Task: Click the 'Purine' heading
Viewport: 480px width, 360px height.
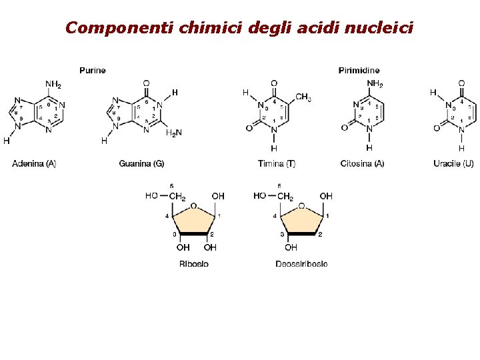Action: pyautogui.click(x=92, y=70)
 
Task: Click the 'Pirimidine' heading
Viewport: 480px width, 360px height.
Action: pyautogui.click(x=359, y=70)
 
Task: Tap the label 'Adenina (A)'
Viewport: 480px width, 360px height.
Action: pyautogui.click(x=34, y=163)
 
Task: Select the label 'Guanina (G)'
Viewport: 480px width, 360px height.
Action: pyautogui.click(x=141, y=163)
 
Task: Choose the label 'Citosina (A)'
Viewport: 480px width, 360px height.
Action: pyautogui.click(x=362, y=163)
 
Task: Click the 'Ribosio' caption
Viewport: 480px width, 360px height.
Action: pyautogui.click(x=193, y=264)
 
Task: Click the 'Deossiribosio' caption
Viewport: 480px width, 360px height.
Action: pyautogui.click(x=301, y=264)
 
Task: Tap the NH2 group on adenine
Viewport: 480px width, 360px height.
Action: pyautogui.click(x=53, y=85)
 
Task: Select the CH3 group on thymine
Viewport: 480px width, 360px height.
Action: pyautogui.click(x=303, y=98)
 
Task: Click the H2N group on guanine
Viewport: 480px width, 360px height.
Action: pyautogui.click(x=173, y=133)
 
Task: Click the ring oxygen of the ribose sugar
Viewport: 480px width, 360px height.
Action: pyautogui.click(x=193, y=206)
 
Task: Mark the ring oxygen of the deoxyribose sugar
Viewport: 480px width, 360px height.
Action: pyautogui.click(x=301, y=206)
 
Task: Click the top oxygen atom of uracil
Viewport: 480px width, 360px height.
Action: pyautogui.click(x=461, y=83)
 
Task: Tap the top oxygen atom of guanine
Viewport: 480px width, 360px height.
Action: pyautogui.click(x=146, y=83)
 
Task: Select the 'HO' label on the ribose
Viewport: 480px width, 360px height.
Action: pyautogui.click(x=151, y=196)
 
